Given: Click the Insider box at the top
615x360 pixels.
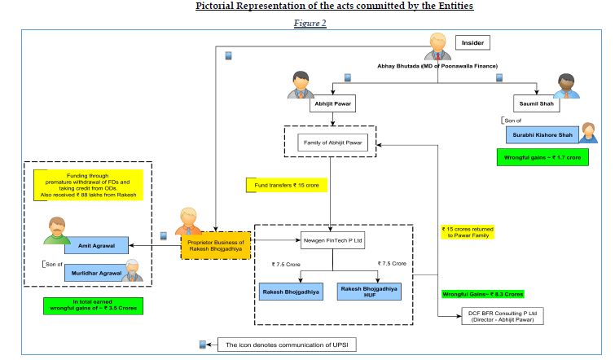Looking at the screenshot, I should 474,42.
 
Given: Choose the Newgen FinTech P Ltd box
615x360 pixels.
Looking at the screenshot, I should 332,242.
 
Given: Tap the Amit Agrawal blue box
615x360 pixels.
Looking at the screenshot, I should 97,244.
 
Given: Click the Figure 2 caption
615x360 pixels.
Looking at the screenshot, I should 310,23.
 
